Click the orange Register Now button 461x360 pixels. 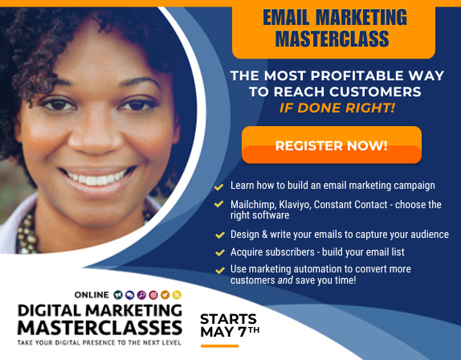pyautogui.click(x=331, y=145)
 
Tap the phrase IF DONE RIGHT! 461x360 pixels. pyautogui.click(x=349, y=107)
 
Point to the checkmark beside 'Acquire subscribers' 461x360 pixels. pyautogui.click(x=218, y=252)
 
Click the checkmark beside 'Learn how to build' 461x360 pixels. pyautogui.click(x=218, y=186)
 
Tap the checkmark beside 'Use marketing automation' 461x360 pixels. pyautogui.click(x=218, y=269)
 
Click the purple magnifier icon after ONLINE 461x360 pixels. pyautogui.click(x=141, y=295)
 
